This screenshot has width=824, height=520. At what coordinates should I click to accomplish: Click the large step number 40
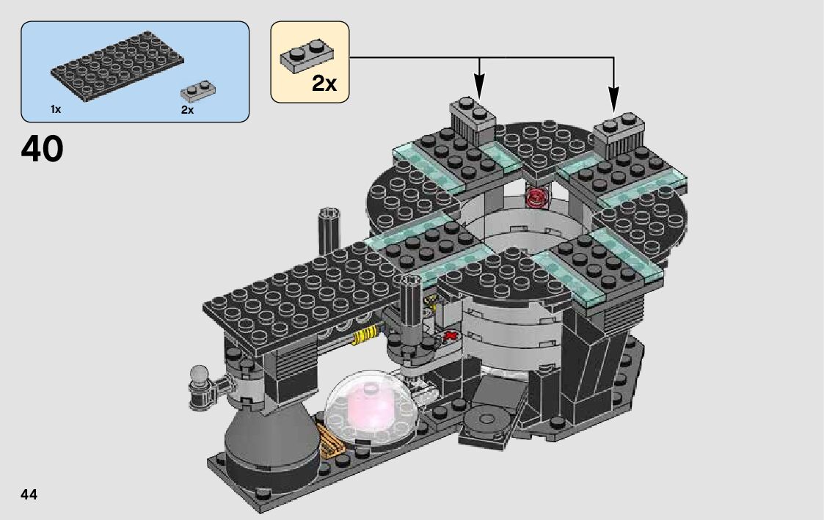(42, 149)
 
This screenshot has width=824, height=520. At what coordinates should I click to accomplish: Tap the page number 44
(29, 495)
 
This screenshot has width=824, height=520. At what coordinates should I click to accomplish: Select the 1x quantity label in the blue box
(56, 109)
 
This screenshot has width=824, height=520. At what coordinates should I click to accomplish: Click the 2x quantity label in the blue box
(187, 109)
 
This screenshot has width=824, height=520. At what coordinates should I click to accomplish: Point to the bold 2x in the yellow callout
(324, 84)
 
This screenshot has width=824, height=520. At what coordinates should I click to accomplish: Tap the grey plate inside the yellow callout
(306, 56)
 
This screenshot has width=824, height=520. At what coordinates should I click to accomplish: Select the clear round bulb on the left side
(198, 376)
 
